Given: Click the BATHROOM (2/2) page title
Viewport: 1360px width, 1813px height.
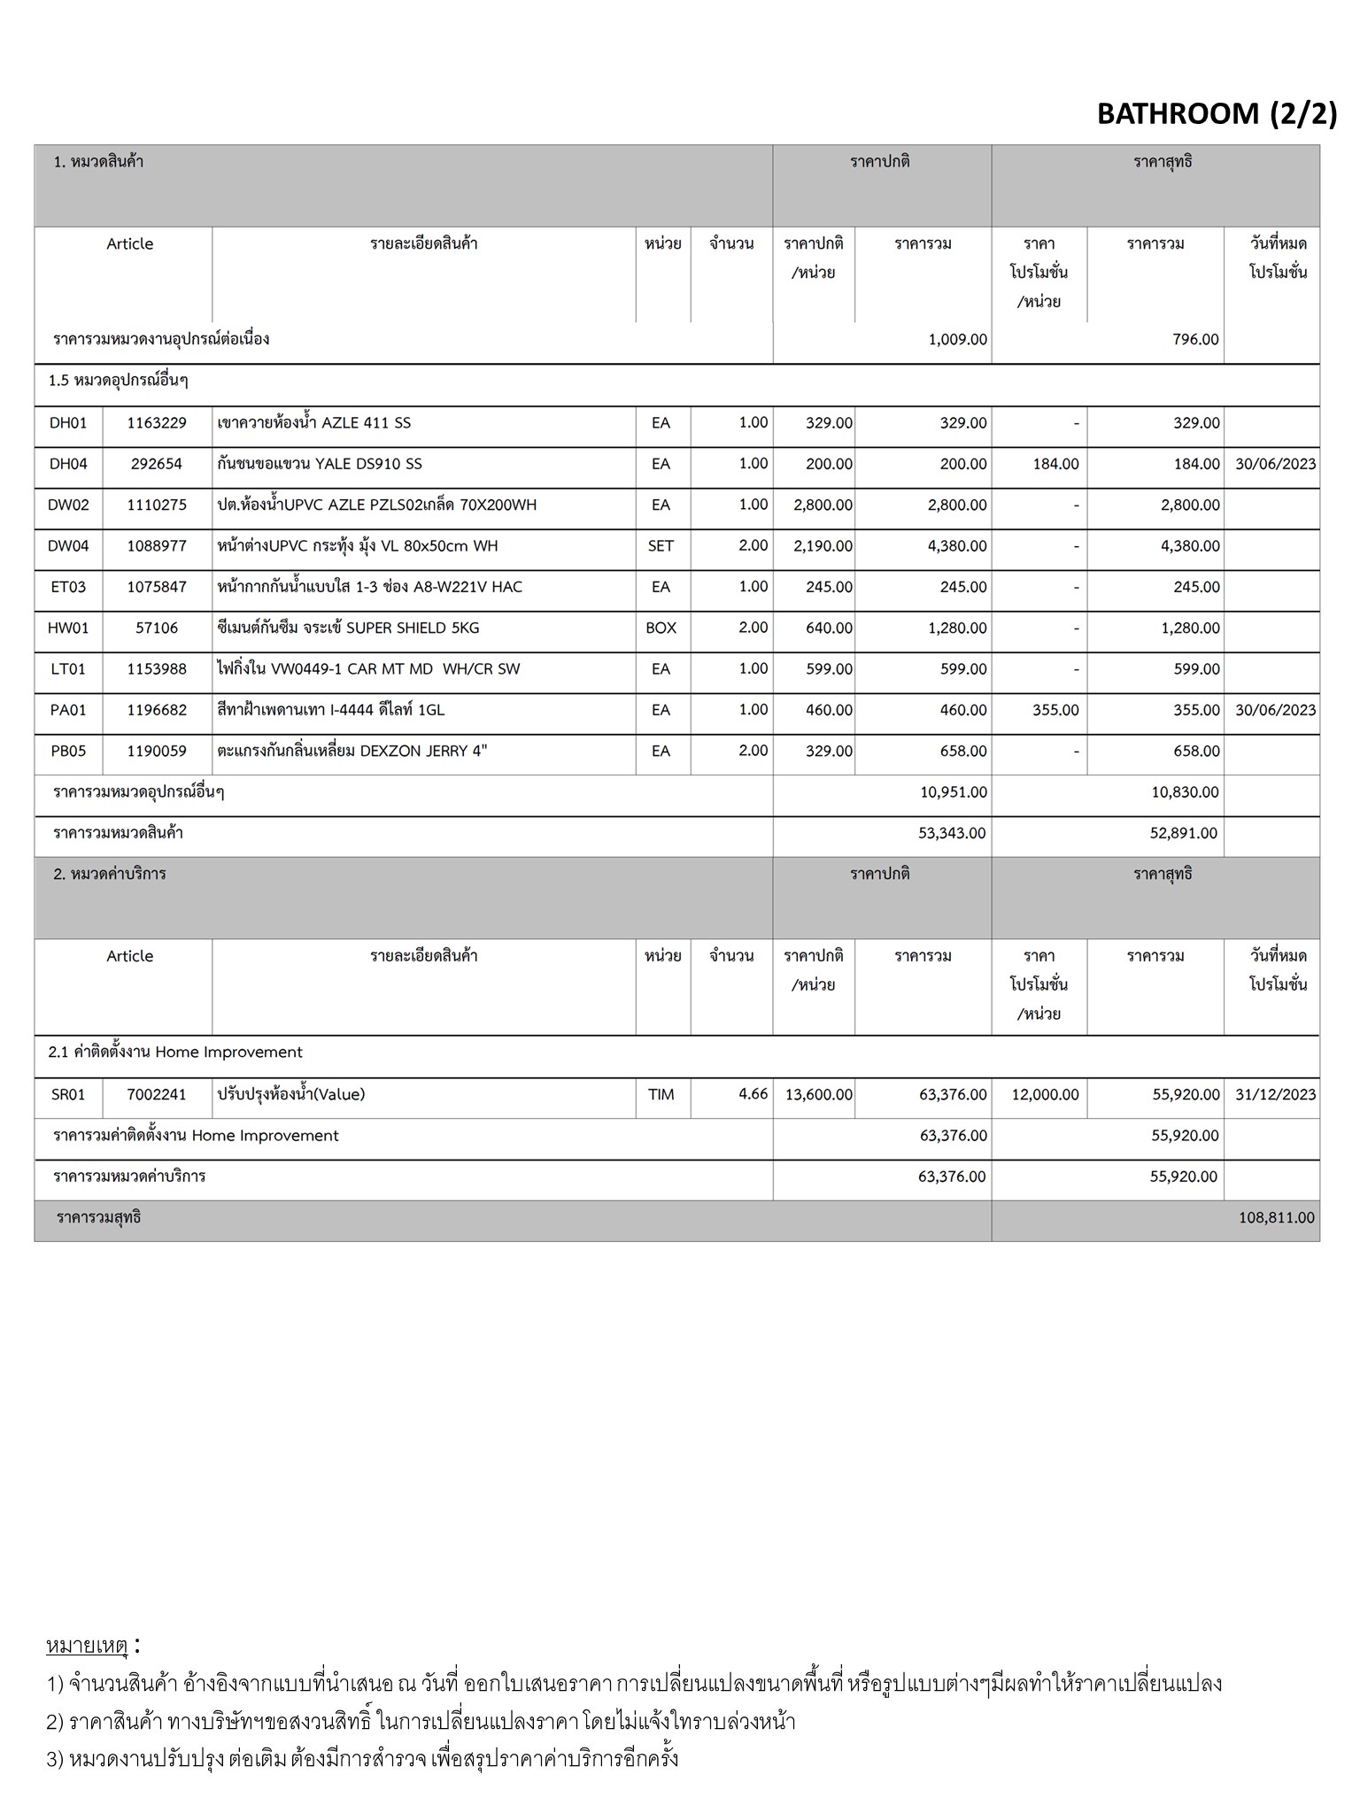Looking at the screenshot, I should pyautogui.click(x=1217, y=114).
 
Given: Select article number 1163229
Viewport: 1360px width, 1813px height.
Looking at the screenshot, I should pyautogui.click(x=157, y=423).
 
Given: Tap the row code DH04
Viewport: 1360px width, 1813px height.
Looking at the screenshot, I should pyautogui.click(x=68, y=464).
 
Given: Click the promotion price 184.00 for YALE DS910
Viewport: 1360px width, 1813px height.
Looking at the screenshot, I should pyautogui.click(x=1055, y=464).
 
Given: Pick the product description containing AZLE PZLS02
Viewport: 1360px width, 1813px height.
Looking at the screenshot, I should pyautogui.click(x=377, y=505).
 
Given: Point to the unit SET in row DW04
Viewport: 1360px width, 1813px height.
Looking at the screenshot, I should pyautogui.click(x=661, y=546).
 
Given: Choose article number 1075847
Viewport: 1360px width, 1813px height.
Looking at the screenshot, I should pyautogui.click(x=157, y=587).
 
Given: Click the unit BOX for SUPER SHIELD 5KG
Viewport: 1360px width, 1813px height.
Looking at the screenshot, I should pyautogui.click(x=661, y=628).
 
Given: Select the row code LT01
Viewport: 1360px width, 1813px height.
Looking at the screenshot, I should pyautogui.click(x=68, y=669).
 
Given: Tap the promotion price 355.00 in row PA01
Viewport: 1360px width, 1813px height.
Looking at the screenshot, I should pyautogui.click(x=1055, y=710).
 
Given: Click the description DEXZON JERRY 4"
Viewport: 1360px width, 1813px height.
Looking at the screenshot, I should pyautogui.click(x=352, y=752).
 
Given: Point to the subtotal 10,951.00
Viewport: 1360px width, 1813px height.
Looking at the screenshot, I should pyautogui.click(x=954, y=792).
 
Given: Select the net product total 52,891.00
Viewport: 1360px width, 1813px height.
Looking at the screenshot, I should pyautogui.click(x=1184, y=833).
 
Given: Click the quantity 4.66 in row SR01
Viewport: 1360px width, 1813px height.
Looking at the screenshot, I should pyautogui.click(x=753, y=1094).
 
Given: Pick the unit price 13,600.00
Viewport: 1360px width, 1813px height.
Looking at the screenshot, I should pyautogui.click(x=819, y=1095).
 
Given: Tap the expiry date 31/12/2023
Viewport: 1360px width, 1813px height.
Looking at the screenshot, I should pyautogui.click(x=1275, y=1095).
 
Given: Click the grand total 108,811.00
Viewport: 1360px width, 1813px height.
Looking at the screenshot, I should pyautogui.click(x=1276, y=1218).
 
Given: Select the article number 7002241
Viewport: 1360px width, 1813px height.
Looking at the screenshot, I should pyautogui.click(x=157, y=1095).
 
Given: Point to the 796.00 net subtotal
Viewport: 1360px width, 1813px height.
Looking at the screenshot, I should pyautogui.click(x=1195, y=340).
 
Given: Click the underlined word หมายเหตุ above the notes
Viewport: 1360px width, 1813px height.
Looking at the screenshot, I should pyautogui.click(x=87, y=1646).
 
